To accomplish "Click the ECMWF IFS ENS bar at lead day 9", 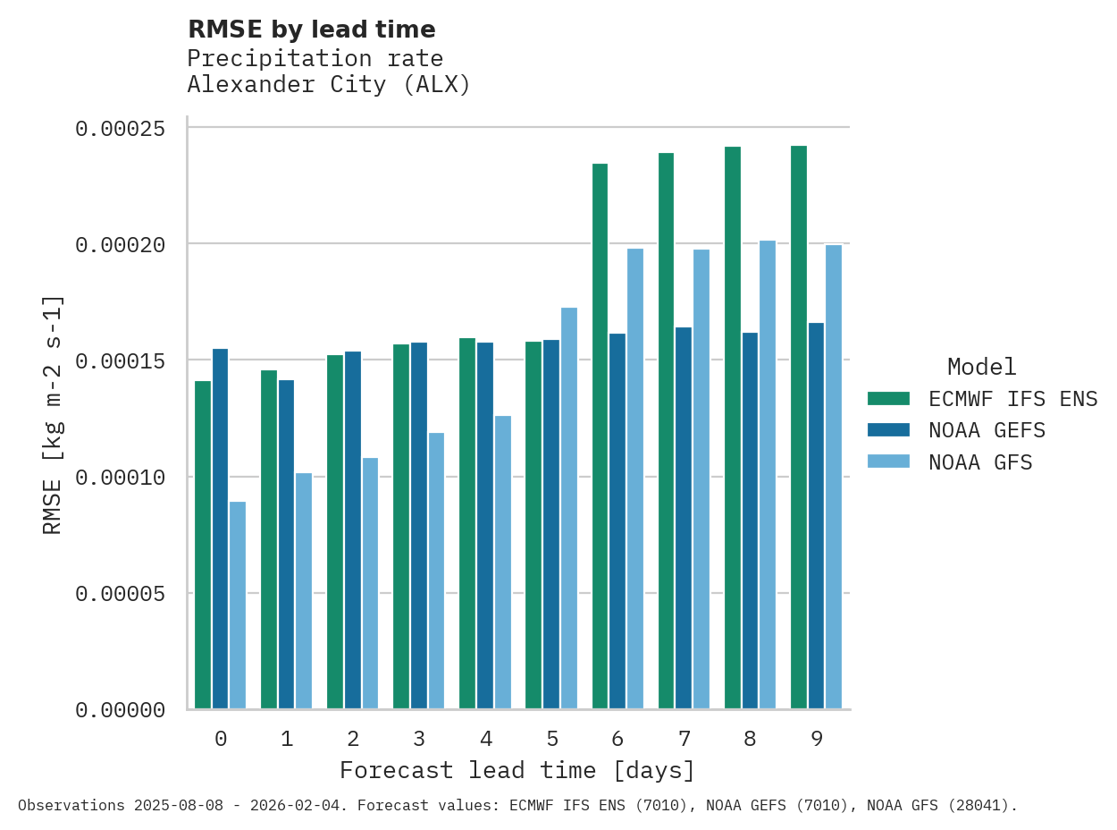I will (799, 428).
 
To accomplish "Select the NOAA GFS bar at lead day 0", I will (238, 606).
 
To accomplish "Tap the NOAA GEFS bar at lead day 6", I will (617, 521).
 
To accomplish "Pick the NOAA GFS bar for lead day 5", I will (569, 508).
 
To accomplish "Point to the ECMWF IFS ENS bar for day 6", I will (600, 436).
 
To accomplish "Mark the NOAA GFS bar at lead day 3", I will (436, 571).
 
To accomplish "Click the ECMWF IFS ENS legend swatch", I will (888, 399).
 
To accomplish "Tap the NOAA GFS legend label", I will (980, 462).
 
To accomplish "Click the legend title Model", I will (981, 367).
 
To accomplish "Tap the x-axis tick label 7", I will (684, 739).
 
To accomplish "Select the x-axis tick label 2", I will (353, 739).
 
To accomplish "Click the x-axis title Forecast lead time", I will (517, 770).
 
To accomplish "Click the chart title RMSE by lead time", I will (312, 30).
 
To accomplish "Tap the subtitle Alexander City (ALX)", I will (329, 85).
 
